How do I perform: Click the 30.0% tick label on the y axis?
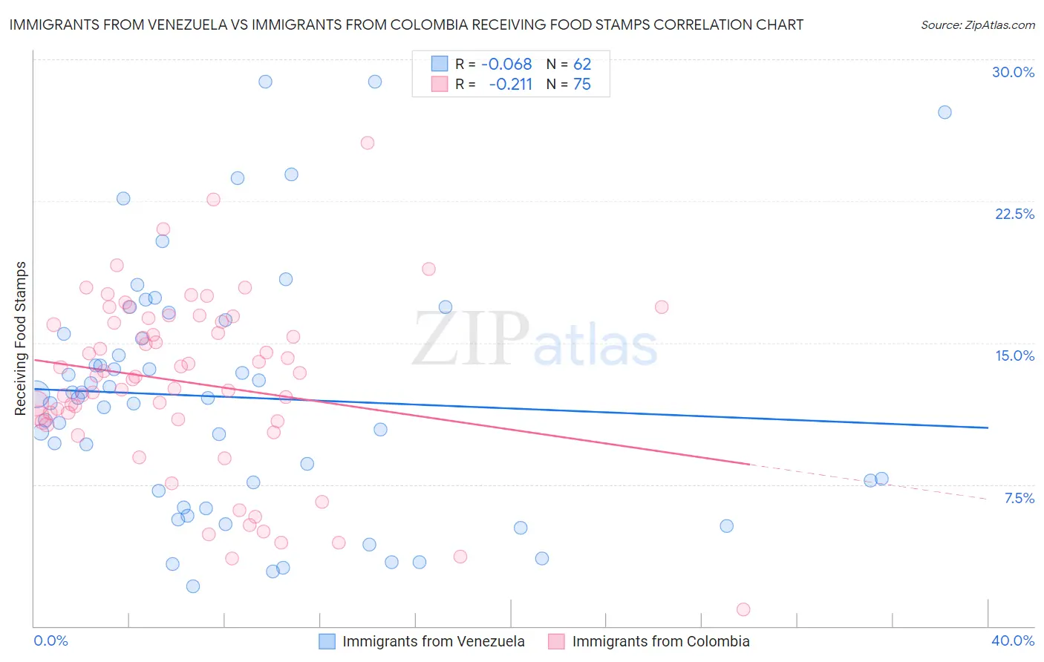pyautogui.click(x=1013, y=72)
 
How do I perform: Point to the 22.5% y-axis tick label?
pyautogui.click(x=1014, y=214)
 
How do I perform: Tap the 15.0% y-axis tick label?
pyautogui.click(x=1014, y=355)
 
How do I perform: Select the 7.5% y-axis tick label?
pyautogui.click(x=1019, y=498)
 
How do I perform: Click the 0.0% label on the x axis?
pyautogui.click(x=51, y=640)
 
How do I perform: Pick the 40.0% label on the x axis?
pyautogui.click(x=1013, y=640)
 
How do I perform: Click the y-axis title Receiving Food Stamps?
pyautogui.click(x=21, y=338)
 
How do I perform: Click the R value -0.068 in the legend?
pyautogui.click(x=506, y=65)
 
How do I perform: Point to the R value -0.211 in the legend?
pyautogui.click(x=511, y=85)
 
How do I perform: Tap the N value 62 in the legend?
pyautogui.click(x=582, y=65)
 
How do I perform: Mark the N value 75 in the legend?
pyautogui.click(x=582, y=85)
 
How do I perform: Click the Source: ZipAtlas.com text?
pyautogui.click(x=977, y=25)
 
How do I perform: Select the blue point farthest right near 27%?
pyautogui.click(x=945, y=112)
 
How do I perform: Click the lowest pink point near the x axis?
pyautogui.click(x=743, y=609)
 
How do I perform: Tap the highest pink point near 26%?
pyautogui.click(x=368, y=142)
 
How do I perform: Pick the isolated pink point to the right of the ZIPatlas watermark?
pyautogui.click(x=662, y=307)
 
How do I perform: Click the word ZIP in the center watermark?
pyautogui.click(x=471, y=338)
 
